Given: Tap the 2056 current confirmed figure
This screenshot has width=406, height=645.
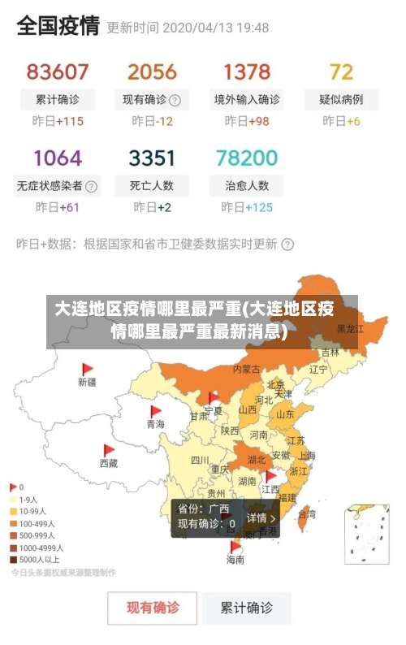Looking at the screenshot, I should pyautogui.click(x=152, y=71).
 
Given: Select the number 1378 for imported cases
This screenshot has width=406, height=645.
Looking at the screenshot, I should pyautogui.click(x=247, y=71).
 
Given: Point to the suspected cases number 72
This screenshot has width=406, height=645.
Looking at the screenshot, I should pyautogui.click(x=341, y=71).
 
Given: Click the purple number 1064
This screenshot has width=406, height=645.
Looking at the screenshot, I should pyautogui.click(x=57, y=157).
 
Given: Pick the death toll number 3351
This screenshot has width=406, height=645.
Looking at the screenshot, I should pyautogui.click(x=152, y=157).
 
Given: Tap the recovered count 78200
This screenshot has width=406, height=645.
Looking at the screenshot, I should pyautogui.click(x=247, y=157).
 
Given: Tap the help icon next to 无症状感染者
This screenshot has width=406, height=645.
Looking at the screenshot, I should pyautogui.click(x=92, y=186).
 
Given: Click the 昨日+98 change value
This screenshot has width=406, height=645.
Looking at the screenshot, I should pyautogui.click(x=247, y=121).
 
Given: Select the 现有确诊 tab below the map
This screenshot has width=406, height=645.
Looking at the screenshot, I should pyautogui.click(x=153, y=608).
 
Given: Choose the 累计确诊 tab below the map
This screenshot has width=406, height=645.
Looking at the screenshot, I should pyautogui.click(x=247, y=608).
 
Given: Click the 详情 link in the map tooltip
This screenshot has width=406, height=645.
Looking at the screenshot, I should pyautogui.click(x=261, y=517).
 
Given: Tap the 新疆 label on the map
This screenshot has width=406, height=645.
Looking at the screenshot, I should pyautogui.click(x=87, y=381).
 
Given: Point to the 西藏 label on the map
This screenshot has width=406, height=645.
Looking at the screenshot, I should pyautogui.click(x=108, y=463).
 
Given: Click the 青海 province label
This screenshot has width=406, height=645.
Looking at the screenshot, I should pyautogui.click(x=155, y=424).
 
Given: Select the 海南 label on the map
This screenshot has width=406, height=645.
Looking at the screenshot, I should pyautogui.click(x=235, y=560).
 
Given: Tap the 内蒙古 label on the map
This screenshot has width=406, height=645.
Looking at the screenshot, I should pyautogui.click(x=247, y=369).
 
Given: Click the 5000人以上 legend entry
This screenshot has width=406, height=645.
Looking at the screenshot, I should pyautogui.click(x=39, y=559).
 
